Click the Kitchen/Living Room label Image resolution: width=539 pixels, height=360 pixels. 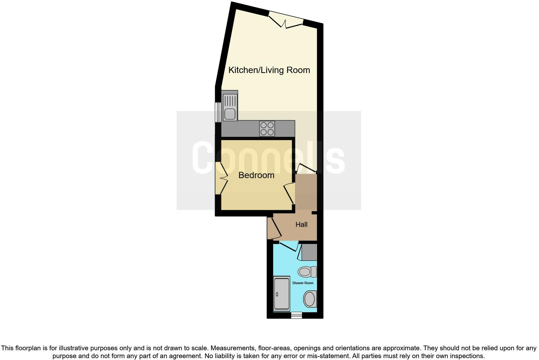269,70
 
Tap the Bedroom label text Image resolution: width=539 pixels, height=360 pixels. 256,175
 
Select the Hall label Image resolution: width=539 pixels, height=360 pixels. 301,224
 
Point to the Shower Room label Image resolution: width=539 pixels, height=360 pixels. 303,283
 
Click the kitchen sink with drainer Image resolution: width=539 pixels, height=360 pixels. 230,106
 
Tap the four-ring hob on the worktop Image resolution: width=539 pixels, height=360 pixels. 267,129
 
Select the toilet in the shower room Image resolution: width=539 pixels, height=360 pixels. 307,271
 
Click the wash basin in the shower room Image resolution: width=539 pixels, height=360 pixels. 310,299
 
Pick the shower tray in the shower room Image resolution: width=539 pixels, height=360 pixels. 281,294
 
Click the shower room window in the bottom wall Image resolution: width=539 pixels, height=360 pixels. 296,315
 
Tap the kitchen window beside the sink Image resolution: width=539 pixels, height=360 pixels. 217,112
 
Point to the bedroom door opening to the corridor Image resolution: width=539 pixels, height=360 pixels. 289,194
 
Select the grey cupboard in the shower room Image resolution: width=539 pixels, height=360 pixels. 309,252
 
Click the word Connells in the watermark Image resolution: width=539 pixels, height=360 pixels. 268,157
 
